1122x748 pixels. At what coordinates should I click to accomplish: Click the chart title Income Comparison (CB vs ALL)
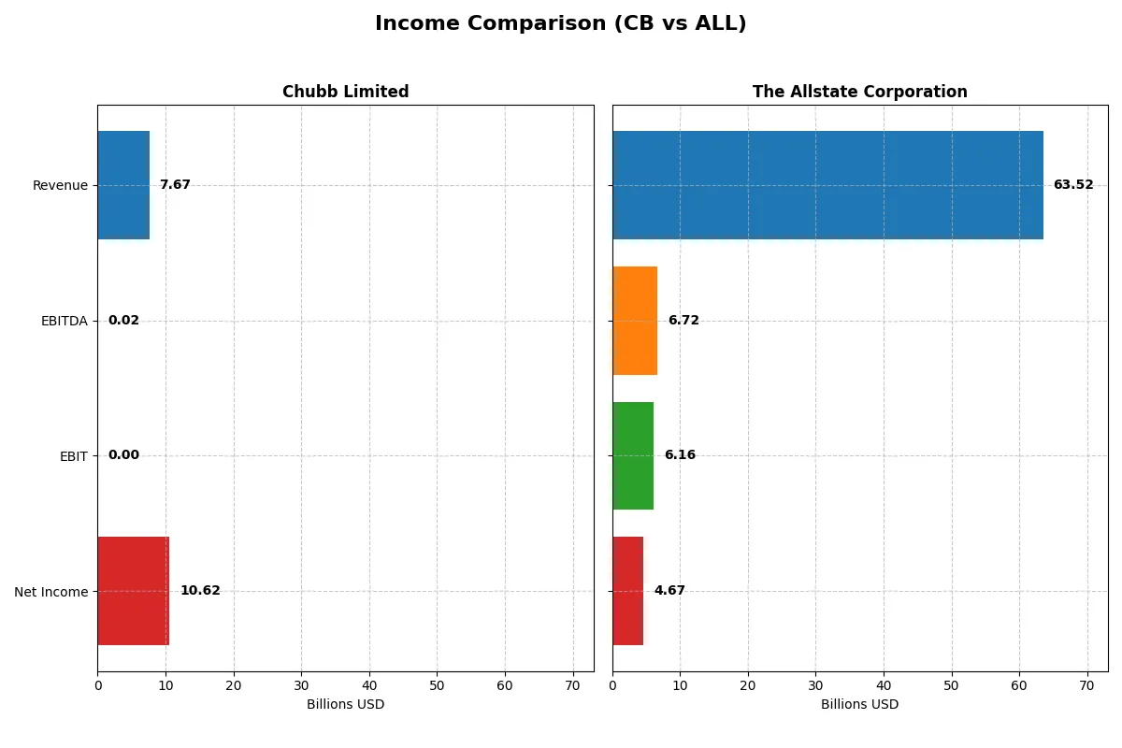560,24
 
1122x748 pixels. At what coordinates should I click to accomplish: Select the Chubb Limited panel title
345,92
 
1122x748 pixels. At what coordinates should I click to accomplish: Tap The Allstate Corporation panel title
859,92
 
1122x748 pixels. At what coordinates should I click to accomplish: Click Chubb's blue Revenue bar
123,185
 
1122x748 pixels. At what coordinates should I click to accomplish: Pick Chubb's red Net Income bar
133,591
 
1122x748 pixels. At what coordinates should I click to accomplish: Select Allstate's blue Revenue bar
827,185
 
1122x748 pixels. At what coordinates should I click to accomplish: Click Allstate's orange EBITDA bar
635,321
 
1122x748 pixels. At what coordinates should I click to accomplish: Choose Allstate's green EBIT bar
633,455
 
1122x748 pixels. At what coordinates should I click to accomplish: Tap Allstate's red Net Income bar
627,591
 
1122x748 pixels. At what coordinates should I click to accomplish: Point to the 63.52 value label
1072,185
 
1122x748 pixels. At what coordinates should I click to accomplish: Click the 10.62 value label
200,591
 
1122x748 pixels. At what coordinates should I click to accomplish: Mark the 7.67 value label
175,185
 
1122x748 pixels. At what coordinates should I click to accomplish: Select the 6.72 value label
683,321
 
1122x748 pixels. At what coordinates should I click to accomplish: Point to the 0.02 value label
123,321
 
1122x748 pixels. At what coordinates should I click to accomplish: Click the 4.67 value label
669,591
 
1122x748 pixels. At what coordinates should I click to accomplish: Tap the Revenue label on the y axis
60,185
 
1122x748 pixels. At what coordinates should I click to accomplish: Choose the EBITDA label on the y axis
64,321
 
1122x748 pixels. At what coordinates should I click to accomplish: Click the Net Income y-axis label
51,591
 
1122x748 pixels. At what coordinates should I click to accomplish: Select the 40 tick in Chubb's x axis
369,685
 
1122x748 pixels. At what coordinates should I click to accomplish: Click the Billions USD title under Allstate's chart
859,705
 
